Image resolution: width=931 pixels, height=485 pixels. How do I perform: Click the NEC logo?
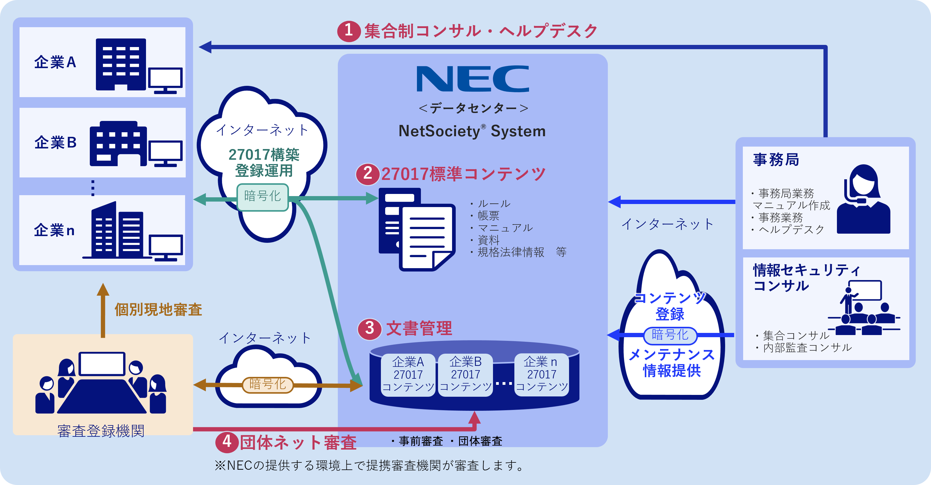click(472, 79)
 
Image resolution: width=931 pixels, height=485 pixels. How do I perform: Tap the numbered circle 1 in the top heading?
click(349, 31)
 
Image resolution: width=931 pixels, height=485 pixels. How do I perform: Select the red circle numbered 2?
click(367, 174)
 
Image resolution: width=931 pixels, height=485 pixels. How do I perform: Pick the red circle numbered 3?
click(369, 329)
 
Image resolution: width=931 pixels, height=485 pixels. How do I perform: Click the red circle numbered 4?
click(227, 442)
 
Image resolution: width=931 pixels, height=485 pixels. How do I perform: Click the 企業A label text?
click(55, 62)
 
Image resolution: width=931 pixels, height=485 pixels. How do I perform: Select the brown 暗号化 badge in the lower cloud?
click(268, 385)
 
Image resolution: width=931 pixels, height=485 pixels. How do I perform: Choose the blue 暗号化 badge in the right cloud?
click(670, 335)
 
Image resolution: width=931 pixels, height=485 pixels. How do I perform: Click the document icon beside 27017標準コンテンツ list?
click(417, 229)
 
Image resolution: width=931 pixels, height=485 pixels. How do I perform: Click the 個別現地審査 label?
click(158, 310)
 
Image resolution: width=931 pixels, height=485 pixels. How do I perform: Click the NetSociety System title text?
click(472, 131)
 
